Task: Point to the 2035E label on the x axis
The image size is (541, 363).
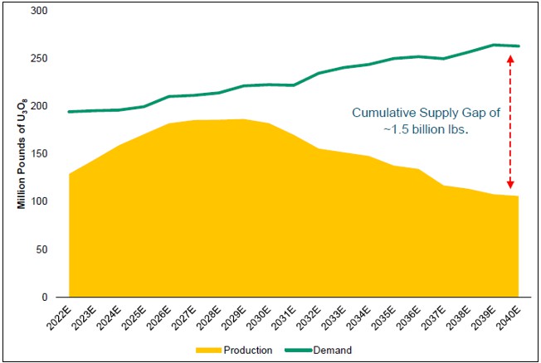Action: click(385, 317)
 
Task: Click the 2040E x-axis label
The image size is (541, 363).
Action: click(509, 317)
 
